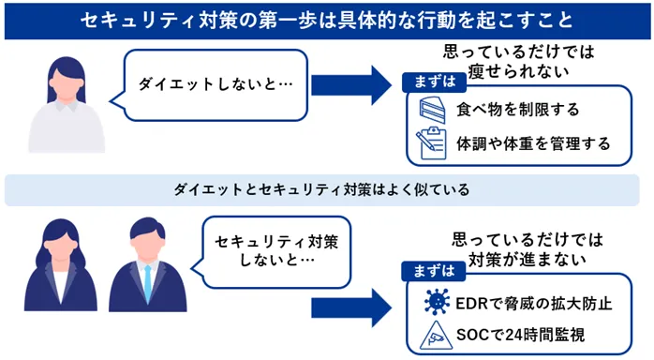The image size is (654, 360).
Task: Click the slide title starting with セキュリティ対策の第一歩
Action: [x=327, y=19]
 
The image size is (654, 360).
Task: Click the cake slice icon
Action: [x=432, y=110]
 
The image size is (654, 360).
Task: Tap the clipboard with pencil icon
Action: [x=432, y=143]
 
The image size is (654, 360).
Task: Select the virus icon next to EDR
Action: [x=435, y=302]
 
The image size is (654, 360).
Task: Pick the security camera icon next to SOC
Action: [x=435, y=335]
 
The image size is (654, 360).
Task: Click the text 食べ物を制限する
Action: [x=518, y=110]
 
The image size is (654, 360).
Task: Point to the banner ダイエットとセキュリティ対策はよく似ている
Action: [x=327, y=190]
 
